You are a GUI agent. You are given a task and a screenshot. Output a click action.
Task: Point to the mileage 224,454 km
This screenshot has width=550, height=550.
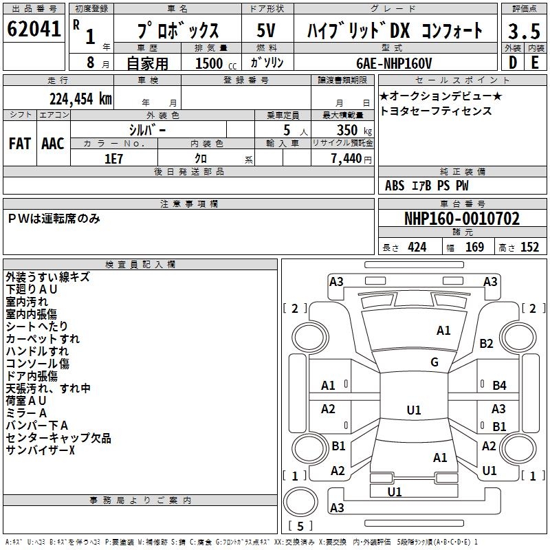[80, 98]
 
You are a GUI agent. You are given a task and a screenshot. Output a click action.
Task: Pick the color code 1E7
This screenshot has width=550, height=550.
[113, 158]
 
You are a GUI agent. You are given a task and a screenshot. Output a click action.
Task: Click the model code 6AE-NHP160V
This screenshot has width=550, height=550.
[395, 63]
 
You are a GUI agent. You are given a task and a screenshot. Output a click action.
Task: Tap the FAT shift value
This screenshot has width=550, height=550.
[20, 143]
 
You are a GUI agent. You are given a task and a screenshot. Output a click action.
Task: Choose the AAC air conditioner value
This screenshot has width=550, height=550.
[53, 143]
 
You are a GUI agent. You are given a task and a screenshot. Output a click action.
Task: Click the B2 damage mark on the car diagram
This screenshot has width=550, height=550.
[487, 343]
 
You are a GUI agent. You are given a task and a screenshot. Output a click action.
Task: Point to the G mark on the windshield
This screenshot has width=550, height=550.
[434, 362]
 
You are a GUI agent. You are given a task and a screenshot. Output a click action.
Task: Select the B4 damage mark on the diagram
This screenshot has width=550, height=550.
[499, 386]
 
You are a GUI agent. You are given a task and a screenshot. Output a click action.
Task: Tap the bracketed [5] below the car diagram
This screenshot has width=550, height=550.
[300, 527]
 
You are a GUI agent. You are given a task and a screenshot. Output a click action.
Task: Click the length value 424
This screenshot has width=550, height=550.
[417, 247]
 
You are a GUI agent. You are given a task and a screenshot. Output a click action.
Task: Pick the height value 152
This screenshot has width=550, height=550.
[529, 247]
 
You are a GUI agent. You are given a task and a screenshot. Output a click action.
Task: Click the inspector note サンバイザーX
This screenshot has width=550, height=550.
[40, 450]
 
